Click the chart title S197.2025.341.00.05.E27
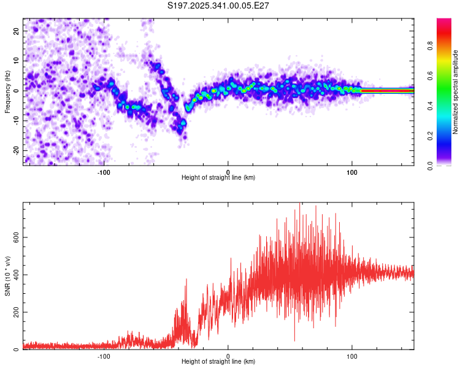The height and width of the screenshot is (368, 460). (x=219, y=6)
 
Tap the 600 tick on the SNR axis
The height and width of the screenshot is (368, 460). (x=15, y=237)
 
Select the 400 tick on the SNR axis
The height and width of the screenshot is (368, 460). (x=15, y=275)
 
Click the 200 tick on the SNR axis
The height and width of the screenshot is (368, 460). (x=15, y=312)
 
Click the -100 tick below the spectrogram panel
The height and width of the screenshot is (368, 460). (x=103, y=171)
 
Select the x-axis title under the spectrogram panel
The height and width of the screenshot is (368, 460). (x=218, y=178)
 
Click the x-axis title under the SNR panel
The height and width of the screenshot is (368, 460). (x=218, y=362)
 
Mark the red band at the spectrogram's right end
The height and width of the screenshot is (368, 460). (x=386, y=90)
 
